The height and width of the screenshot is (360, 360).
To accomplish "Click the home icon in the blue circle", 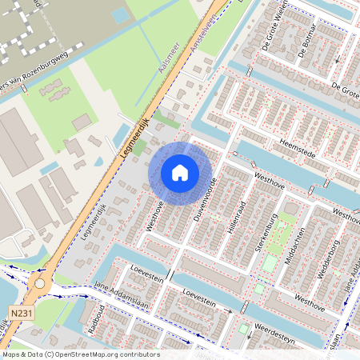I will coord(180,172).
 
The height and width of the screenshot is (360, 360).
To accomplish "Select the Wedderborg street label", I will coord(328,258).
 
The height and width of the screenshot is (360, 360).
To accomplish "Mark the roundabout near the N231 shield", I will coord(39,283).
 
